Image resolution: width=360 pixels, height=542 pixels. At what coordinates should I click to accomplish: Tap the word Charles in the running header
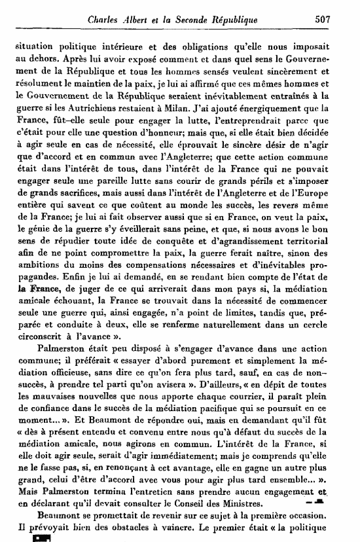[x=108, y=20]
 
